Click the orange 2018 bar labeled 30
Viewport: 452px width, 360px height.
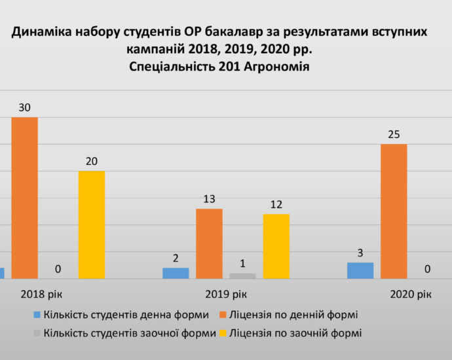pos(24,198)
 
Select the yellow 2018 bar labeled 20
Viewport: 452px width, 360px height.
pos(92,225)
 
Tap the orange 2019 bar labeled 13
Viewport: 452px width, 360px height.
pos(209,243)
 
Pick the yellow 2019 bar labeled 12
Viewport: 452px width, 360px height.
pos(276,246)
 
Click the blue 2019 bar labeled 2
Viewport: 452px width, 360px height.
pos(176,273)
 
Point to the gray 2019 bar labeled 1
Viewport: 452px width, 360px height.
pos(242,276)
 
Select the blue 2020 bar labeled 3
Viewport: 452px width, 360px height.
pos(360,270)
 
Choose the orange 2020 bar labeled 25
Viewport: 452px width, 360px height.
pos(394,211)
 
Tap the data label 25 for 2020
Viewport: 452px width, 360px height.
pos(394,134)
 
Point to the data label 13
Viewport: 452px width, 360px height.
pos(210,198)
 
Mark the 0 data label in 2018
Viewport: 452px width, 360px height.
pos(58,268)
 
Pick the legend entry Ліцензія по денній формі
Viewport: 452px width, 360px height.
pos(297,315)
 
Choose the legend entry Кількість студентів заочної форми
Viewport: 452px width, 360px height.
pos(129,333)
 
